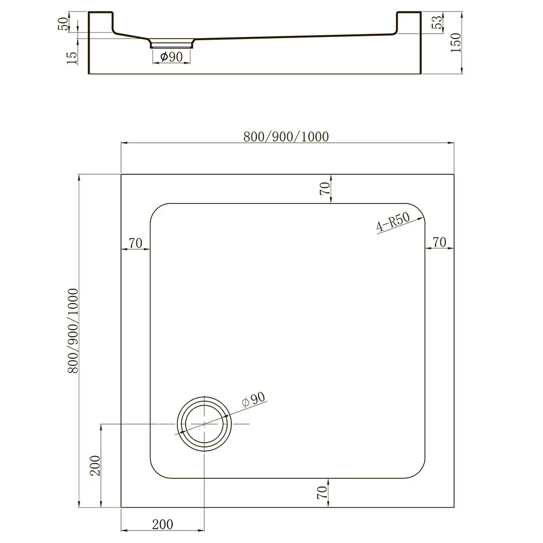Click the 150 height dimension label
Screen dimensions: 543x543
point(456,42)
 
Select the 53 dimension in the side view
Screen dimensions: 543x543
point(437,22)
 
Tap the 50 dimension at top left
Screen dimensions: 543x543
point(64,24)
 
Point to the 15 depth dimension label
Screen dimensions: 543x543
point(72,58)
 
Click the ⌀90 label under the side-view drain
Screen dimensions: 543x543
point(172,56)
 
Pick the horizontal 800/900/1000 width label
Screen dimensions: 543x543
point(286,137)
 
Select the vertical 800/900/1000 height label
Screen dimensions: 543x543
point(73,331)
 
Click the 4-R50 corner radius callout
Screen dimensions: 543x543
point(393,222)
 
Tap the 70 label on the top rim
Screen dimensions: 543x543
point(325,188)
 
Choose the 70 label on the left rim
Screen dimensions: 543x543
point(135,243)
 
